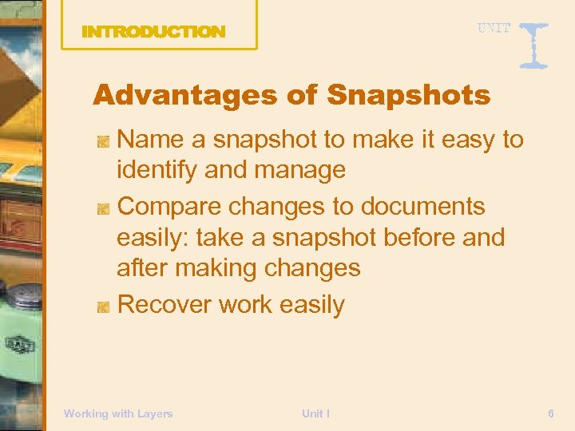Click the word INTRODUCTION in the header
(x=153, y=32)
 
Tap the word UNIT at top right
(x=494, y=28)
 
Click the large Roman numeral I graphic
(x=533, y=44)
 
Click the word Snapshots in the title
(x=408, y=96)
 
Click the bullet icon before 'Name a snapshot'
(x=103, y=141)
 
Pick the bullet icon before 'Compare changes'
(x=103, y=208)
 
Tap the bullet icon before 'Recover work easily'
(x=103, y=306)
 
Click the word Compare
(x=169, y=207)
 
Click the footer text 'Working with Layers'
(x=118, y=413)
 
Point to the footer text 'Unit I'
(x=316, y=413)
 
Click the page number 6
(x=551, y=413)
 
